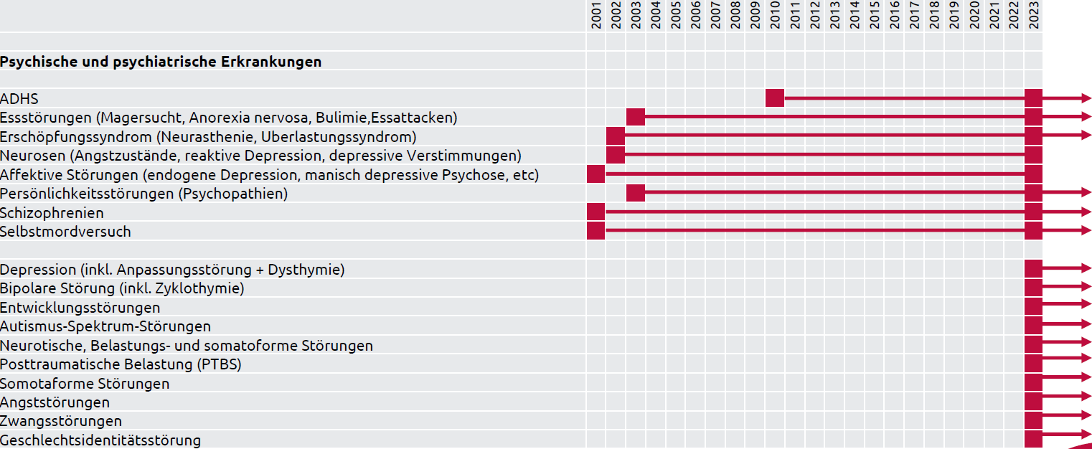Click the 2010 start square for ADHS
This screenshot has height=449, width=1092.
coord(775,98)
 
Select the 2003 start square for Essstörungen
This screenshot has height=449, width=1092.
coord(636,117)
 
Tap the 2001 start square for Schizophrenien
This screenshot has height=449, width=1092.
coord(596,212)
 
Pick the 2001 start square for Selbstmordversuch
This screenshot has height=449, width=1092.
coord(596,231)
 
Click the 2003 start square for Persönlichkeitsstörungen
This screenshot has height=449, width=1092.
coord(636,193)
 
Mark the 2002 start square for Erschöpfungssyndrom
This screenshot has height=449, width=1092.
coord(616,136)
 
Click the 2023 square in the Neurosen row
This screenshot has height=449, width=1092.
coord(1033,155)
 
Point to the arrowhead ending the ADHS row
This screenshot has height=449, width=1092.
coord(1085,98)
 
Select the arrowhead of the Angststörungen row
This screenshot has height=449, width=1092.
coord(1085,396)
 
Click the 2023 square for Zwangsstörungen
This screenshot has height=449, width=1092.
coord(1033,420)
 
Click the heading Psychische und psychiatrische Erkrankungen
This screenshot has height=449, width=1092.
coord(161,62)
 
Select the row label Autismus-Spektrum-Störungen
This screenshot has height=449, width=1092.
coord(105,326)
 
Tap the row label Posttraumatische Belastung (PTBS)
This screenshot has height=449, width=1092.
coord(121,364)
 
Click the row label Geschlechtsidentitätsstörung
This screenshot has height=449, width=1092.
coord(100,440)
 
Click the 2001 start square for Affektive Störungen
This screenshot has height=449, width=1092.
coord(596,174)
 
